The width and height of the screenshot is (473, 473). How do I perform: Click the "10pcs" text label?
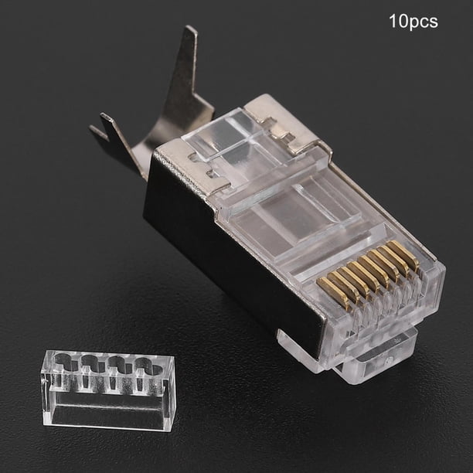coord(413,22)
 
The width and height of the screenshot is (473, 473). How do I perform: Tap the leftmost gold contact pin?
coord(333,291)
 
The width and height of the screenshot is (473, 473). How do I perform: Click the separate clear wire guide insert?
coord(107,390)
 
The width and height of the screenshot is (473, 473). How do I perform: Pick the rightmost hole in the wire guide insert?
coord(148,366)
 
